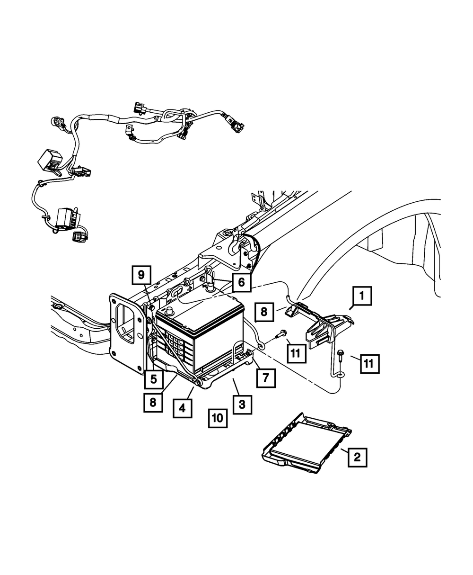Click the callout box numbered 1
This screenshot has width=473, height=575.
click(361, 297)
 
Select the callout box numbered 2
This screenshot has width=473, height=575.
click(357, 457)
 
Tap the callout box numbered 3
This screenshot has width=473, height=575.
click(242, 404)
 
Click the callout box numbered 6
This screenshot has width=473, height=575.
click(241, 283)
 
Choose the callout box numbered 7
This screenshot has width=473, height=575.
click(266, 377)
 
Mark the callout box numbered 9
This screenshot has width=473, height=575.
click(141, 275)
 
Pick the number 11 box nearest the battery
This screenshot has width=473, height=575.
click(296, 352)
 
